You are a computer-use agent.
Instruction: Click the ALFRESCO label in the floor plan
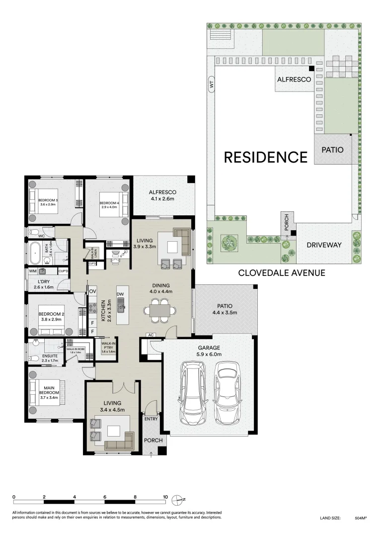163,192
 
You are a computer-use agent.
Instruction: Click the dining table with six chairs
159,311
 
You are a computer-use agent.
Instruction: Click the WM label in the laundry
33,271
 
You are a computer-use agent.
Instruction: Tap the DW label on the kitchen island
120,294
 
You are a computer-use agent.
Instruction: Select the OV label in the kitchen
92,291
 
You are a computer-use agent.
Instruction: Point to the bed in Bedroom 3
45,201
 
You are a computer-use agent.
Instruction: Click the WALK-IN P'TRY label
108,347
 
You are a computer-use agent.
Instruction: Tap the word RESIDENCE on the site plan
266,157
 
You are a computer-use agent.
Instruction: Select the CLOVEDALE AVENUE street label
282,272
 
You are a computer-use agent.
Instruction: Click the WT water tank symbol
211,86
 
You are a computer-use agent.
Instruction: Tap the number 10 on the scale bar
165,497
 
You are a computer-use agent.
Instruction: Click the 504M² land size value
361,518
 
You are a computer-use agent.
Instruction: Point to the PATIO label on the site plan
332,149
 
